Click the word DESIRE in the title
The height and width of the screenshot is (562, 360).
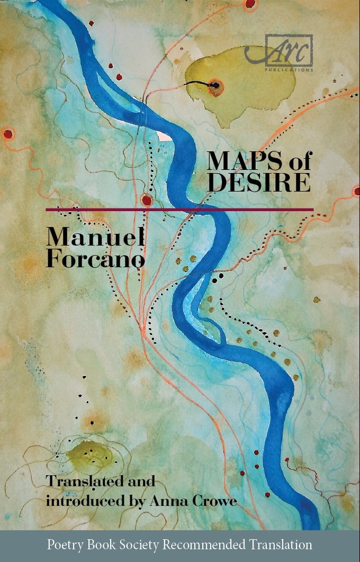click(x=258, y=182)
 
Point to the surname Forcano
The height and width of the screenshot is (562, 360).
click(x=95, y=259)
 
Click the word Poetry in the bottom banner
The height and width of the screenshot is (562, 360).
click(x=64, y=545)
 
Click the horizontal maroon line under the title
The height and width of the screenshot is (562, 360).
click(x=179, y=210)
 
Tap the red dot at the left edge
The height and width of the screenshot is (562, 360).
click(x=7, y=134)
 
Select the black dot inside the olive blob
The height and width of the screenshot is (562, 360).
click(x=216, y=85)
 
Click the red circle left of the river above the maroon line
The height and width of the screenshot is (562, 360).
click(x=147, y=200)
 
